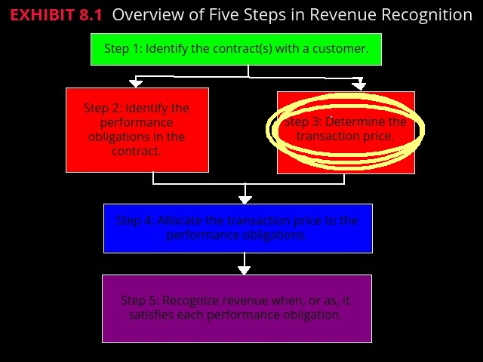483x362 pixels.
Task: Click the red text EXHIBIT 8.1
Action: click(56, 15)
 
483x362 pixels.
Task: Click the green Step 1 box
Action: click(236, 49)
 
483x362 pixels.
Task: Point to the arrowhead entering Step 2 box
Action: click(136, 83)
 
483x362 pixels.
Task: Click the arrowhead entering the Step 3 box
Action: click(359, 85)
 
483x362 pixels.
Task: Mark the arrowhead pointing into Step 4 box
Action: click(245, 199)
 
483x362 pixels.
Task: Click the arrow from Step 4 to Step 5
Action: click(244, 264)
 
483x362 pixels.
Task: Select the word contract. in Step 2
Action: click(137, 151)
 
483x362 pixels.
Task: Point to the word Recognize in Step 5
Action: click(192, 300)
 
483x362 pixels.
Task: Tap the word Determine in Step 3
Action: click(355, 121)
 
